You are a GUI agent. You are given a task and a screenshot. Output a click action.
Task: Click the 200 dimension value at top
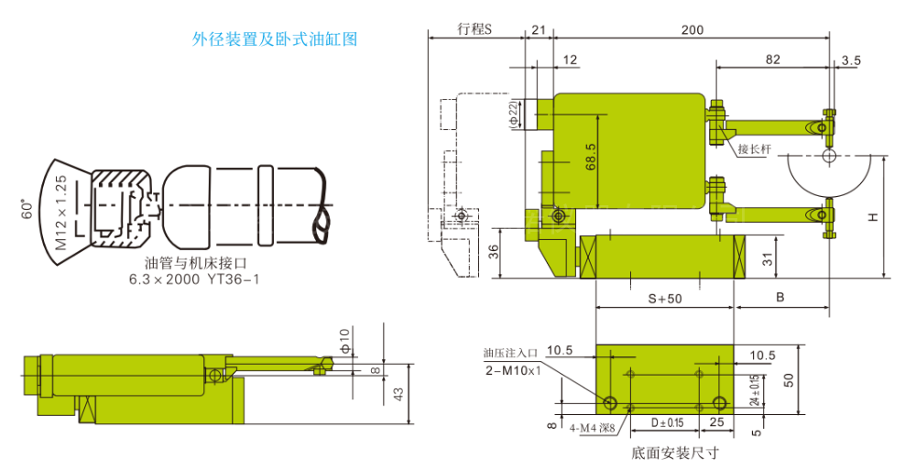[692, 29]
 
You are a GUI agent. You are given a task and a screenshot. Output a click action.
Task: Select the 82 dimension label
[772, 60]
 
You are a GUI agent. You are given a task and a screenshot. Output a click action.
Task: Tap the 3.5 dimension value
[851, 60]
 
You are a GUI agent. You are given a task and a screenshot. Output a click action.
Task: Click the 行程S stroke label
[474, 28]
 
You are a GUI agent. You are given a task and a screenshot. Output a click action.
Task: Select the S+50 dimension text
[665, 298]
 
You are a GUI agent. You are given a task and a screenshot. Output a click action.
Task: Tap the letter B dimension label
[780, 298]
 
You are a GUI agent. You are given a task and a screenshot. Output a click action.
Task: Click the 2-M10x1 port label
[514, 370]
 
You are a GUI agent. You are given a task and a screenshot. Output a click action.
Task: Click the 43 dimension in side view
[398, 393]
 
